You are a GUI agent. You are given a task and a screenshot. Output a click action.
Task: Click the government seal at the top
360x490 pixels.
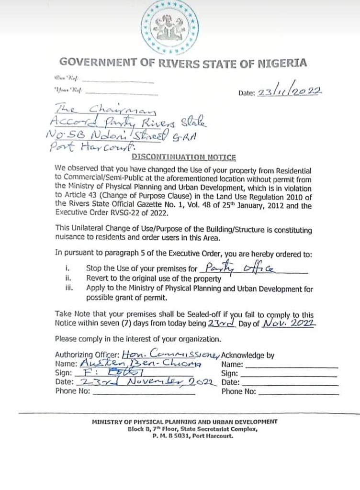170,27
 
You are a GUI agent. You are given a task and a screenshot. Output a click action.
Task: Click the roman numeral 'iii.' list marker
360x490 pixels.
67,289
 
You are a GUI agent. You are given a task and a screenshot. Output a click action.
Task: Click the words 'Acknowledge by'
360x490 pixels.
248,355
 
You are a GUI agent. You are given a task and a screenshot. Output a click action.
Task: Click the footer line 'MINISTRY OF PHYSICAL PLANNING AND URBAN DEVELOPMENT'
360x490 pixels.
184,422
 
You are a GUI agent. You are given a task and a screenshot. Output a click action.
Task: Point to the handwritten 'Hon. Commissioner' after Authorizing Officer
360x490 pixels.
170,355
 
